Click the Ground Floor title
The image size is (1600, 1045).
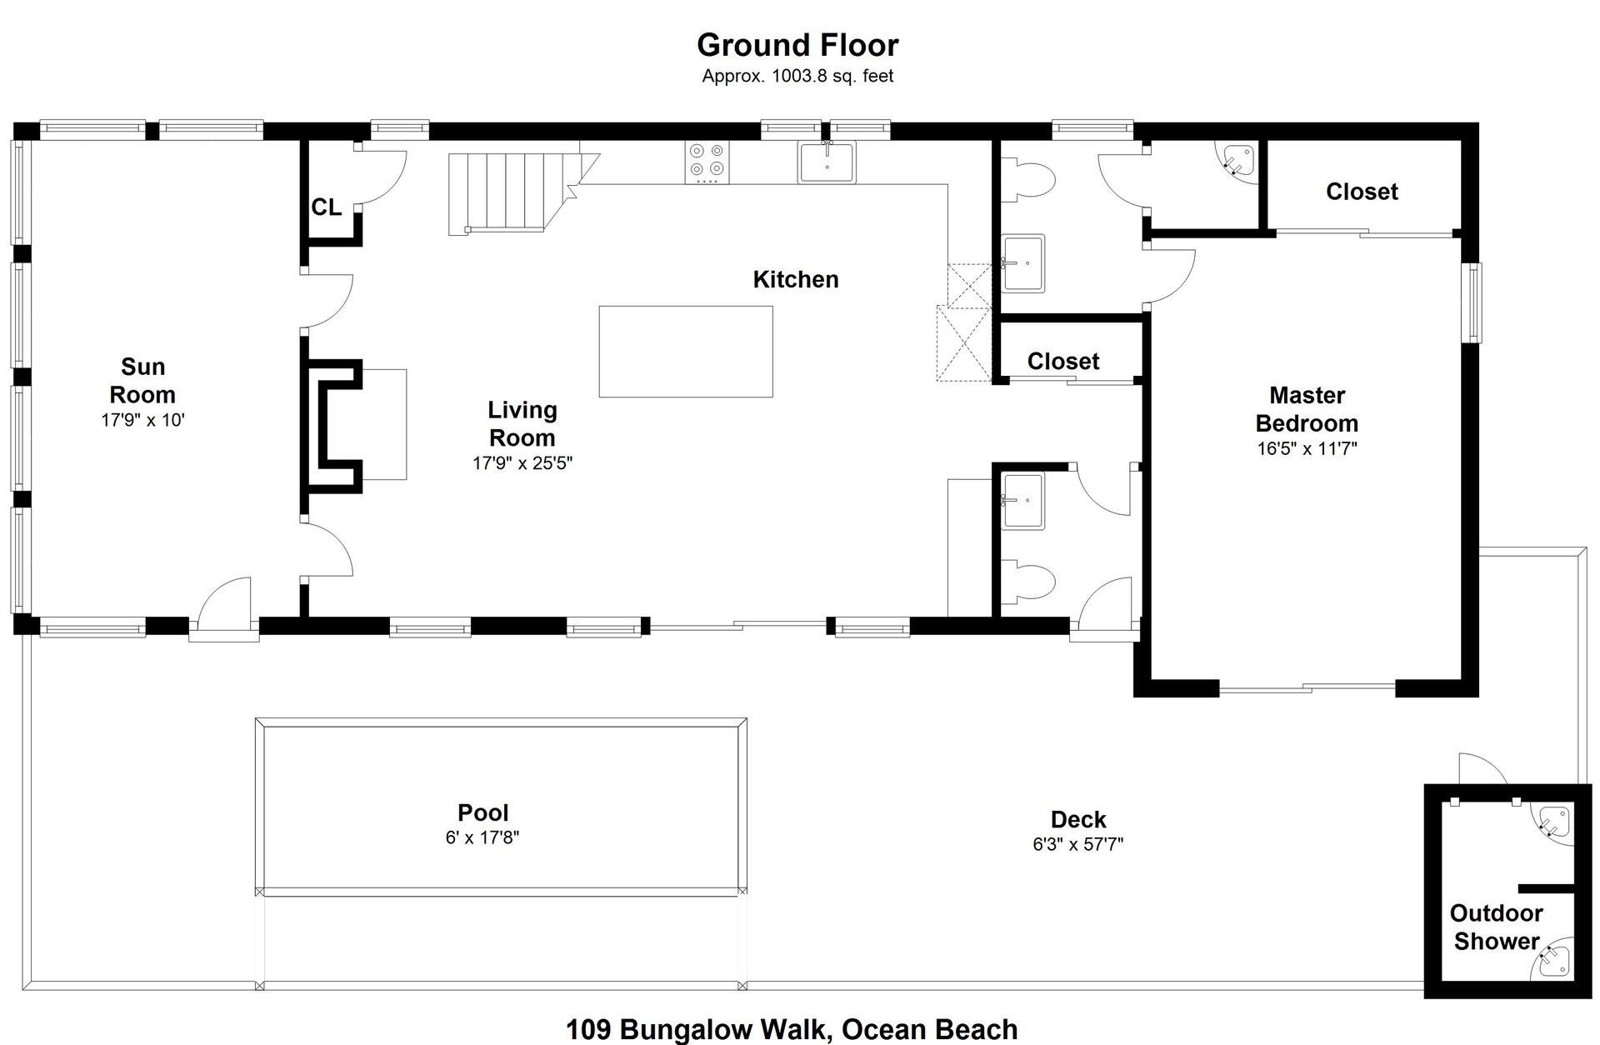[797, 44]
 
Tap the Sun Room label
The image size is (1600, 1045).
[142, 381]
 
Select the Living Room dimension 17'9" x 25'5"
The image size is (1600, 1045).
[522, 463]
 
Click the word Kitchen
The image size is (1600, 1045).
[796, 279]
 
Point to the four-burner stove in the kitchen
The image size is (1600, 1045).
[707, 162]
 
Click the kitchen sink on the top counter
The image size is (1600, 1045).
[827, 162]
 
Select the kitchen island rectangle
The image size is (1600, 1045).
[686, 352]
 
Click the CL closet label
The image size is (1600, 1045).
[326, 207]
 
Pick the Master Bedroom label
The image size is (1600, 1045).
[1307, 409]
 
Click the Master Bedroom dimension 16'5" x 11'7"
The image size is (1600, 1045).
[1307, 448]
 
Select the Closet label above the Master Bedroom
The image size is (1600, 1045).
[1362, 192]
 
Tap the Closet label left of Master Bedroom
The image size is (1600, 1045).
[1063, 361]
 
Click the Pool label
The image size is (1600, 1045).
[483, 812]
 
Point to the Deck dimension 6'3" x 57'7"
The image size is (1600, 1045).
[1078, 844]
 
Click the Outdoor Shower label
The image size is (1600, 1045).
[1497, 927]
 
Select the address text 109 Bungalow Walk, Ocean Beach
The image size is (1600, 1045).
[792, 1029]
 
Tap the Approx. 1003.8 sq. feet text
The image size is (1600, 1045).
[797, 76]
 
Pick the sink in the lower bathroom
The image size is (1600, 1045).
[1023, 501]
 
